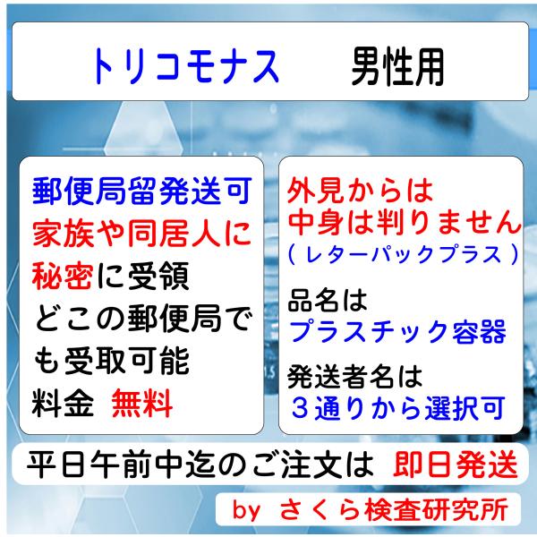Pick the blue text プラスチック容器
click(397, 330)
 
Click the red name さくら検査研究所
click(395, 511)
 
